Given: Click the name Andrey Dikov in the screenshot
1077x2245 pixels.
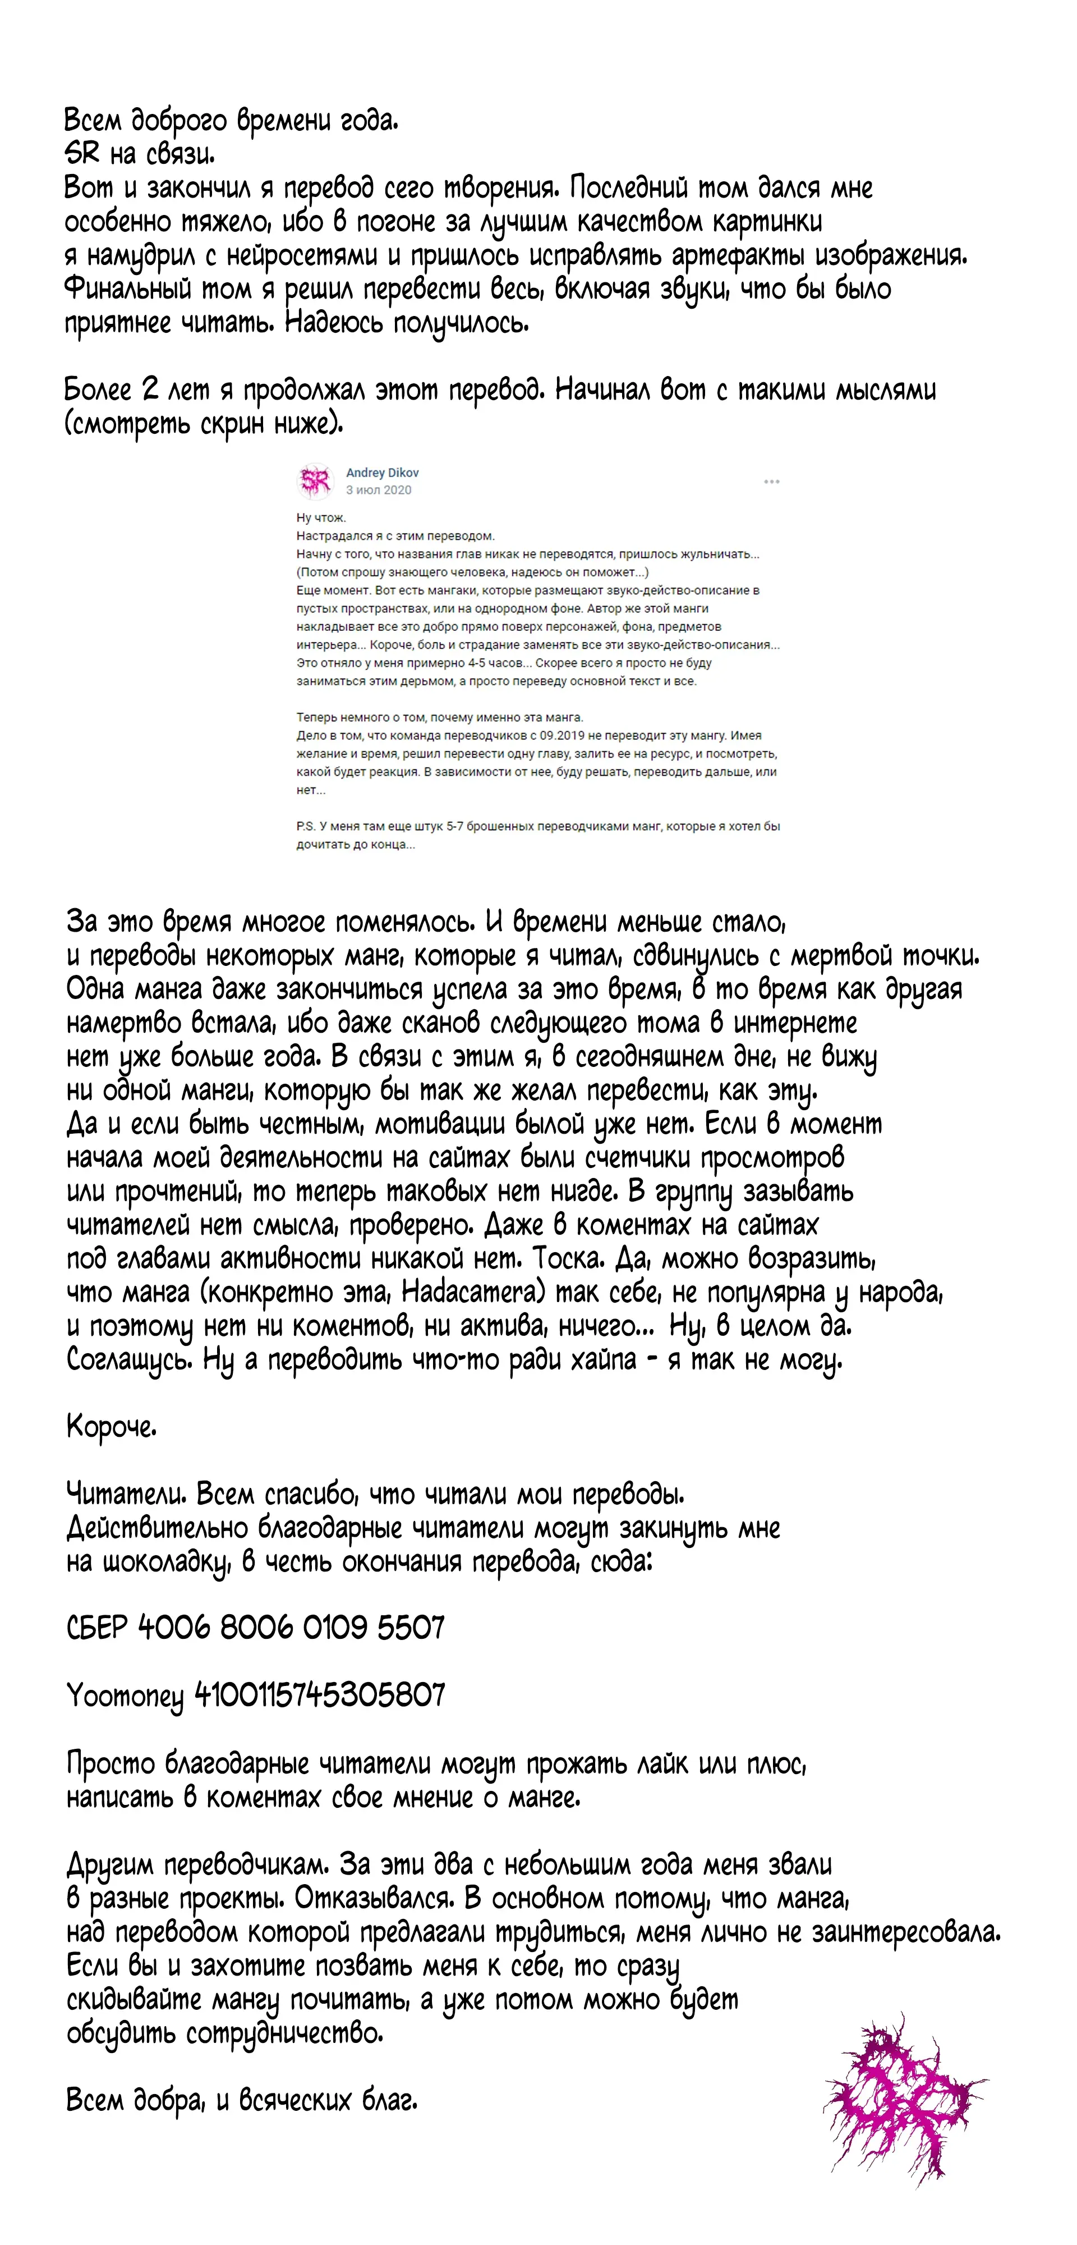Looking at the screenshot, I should [x=383, y=473].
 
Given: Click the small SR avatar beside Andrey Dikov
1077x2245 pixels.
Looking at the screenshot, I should [x=315, y=480].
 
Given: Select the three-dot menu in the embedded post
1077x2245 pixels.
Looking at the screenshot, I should [x=771, y=481].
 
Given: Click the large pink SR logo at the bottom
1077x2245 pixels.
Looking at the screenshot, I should [x=902, y=2086].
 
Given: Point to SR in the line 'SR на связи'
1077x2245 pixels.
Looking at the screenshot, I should [x=82, y=154].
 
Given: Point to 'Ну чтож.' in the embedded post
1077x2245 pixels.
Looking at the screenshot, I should [x=321, y=517].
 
